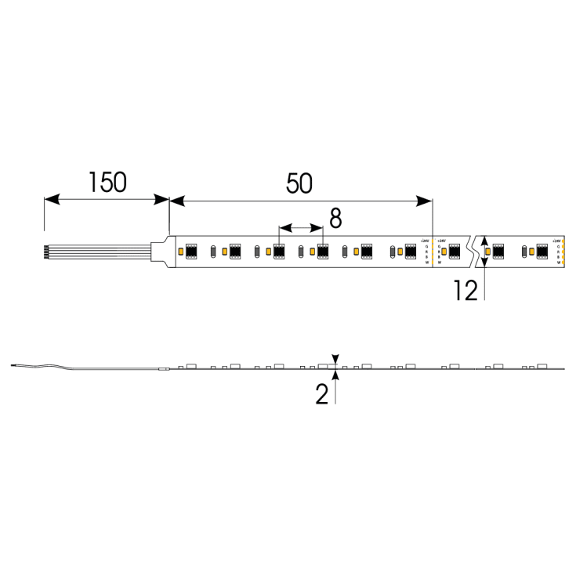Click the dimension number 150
107,183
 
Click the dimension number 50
299,183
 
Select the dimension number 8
335,219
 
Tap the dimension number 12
466,291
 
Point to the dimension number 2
322,394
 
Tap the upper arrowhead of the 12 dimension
485,241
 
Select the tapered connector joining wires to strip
162,251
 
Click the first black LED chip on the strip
191,251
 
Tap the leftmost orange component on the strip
181,251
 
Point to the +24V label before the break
425,241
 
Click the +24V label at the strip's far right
556,241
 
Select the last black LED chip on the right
541,251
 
